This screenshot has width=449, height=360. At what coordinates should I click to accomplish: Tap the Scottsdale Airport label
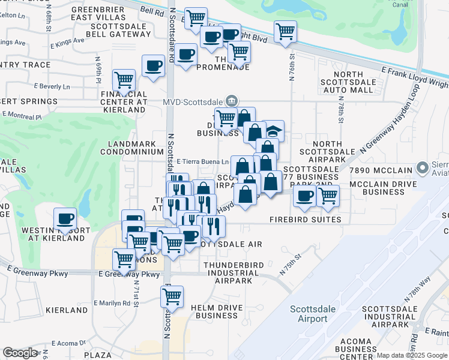[x=309, y=314]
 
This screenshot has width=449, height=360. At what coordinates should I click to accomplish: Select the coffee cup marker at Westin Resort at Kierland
[x=65, y=219]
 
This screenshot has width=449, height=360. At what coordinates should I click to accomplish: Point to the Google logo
[x=20, y=353]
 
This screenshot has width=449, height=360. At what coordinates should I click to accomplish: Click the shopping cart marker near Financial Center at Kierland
[x=124, y=80]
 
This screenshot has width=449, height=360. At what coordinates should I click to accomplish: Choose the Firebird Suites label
[x=305, y=220]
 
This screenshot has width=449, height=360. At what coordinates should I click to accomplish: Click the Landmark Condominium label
[x=136, y=148]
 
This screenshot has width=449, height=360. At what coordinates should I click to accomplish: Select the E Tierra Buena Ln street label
[x=203, y=161]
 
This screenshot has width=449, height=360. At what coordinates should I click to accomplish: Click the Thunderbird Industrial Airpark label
[x=231, y=272]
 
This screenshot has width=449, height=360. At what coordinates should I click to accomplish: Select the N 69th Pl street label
[x=98, y=70]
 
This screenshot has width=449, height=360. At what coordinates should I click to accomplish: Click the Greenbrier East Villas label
[x=98, y=13]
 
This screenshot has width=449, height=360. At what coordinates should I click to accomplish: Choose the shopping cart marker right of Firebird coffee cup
[x=328, y=196]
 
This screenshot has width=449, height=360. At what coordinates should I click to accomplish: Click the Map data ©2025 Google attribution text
[x=412, y=355]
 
